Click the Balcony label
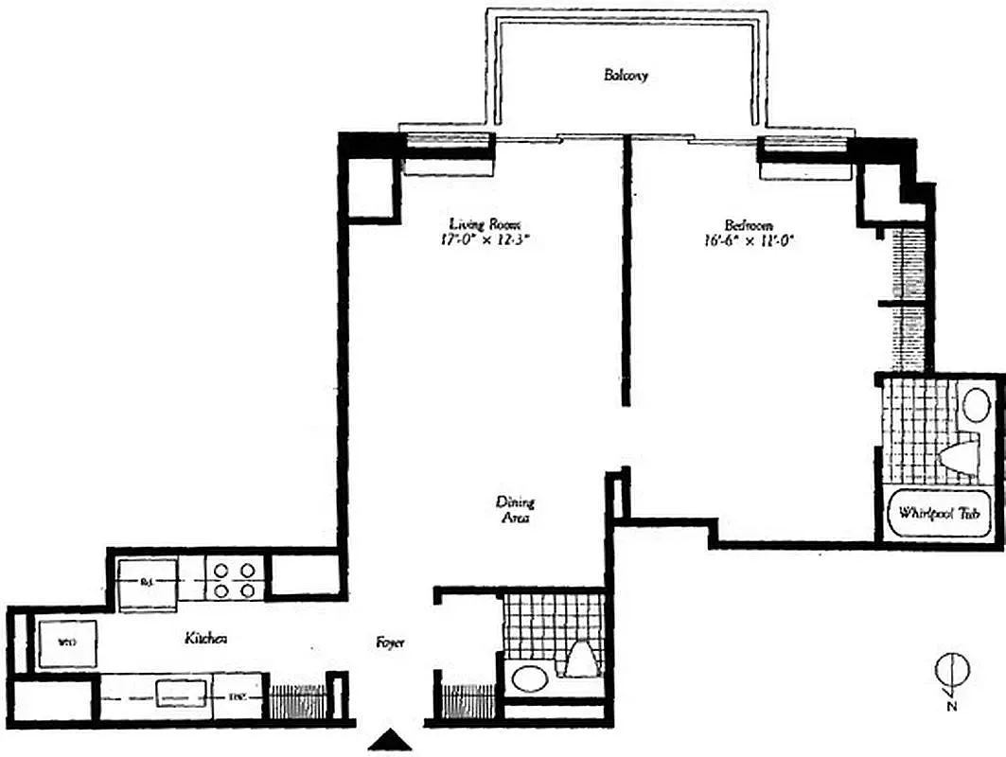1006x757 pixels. pos(626,76)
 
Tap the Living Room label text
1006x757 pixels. pos(485,225)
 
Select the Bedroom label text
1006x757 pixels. pos(749,225)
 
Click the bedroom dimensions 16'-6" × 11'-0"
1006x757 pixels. pos(749,240)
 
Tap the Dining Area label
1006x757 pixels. pos(515,510)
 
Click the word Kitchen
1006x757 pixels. pos(205,640)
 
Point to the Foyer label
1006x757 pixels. pos(390,643)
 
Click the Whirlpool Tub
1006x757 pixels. pos(938,515)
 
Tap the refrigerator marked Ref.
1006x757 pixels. pos(147,582)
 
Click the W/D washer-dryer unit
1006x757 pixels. pos(66,643)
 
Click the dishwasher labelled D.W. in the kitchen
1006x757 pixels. pos(237,697)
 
